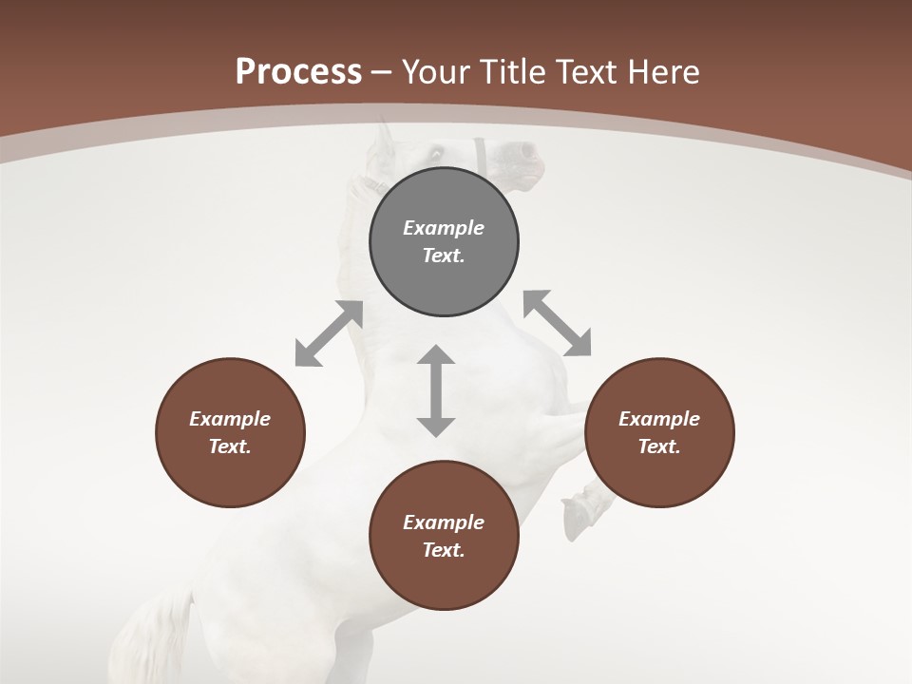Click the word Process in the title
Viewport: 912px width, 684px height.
pyautogui.click(x=298, y=72)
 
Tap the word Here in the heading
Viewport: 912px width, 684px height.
pyautogui.click(x=663, y=72)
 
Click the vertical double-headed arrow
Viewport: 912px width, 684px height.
pyautogui.click(x=436, y=390)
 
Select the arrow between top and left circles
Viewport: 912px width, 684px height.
pyautogui.click(x=329, y=333)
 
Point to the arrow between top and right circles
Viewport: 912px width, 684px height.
pyautogui.click(x=557, y=323)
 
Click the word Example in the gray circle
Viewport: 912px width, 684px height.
pyautogui.click(x=444, y=228)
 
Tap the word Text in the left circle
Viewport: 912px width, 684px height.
pyautogui.click(x=230, y=446)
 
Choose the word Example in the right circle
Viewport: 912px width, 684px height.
pyautogui.click(x=659, y=419)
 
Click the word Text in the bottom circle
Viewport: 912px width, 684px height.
pyautogui.click(x=444, y=550)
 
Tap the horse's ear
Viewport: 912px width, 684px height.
pyautogui.click(x=384, y=139)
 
